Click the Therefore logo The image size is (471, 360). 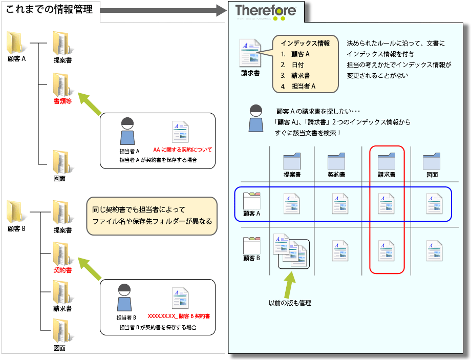(x=265, y=11)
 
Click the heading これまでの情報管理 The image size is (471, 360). (x=50, y=9)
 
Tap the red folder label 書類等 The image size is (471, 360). (x=62, y=101)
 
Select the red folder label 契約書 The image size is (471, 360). (x=62, y=270)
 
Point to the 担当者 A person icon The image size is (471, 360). (x=127, y=131)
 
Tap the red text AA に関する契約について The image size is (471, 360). (x=182, y=150)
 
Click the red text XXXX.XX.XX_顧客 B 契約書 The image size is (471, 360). (x=179, y=316)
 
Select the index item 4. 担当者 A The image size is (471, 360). (x=298, y=86)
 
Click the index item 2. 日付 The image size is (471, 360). (x=292, y=65)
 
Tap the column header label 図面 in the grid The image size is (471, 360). (x=432, y=175)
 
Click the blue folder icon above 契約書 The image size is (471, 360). (x=336, y=161)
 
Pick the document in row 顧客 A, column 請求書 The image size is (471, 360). (x=386, y=204)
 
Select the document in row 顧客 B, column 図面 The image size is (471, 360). (x=434, y=251)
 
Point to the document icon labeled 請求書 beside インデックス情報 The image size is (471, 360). (x=250, y=53)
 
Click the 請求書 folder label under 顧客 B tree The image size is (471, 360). (x=62, y=309)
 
